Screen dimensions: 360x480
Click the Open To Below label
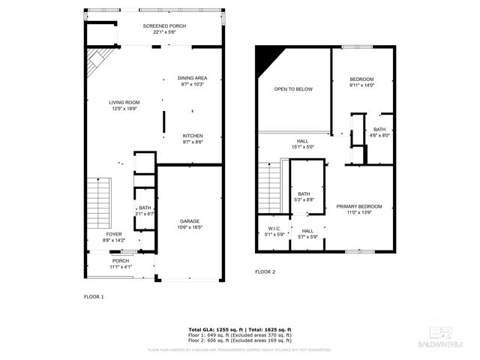(x=292, y=89)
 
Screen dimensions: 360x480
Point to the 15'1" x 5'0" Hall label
(x=301, y=143)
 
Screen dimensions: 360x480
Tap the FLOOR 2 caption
(x=265, y=271)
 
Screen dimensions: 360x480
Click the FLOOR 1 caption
(x=94, y=297)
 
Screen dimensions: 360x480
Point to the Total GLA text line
(x=240, y=329)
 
